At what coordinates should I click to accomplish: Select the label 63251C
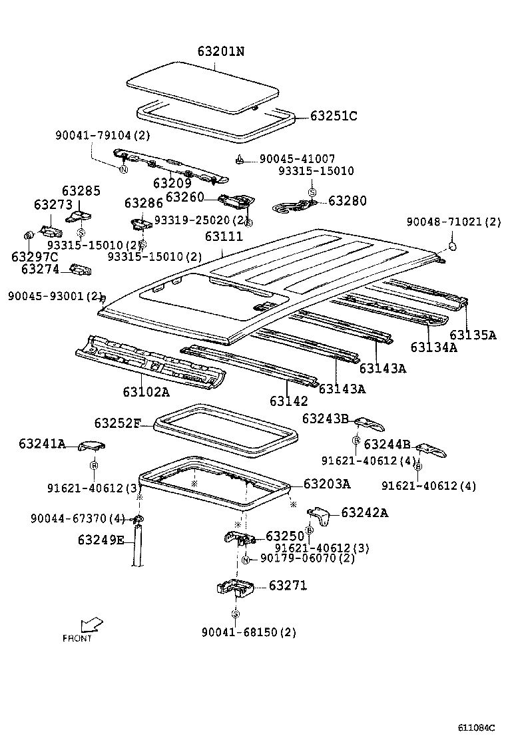(x=334, y=116)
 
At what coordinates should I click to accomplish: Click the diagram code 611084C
(x=476, y=727)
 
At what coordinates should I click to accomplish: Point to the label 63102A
(x=145, y=391)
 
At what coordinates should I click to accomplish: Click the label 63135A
(x=473, y=335)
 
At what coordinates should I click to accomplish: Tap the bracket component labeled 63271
(x=235, y=588)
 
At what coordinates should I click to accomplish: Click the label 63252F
(x=117, y=423)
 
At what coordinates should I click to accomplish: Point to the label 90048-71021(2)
(x=453, y=222)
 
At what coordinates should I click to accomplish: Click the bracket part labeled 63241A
(x=93, y=446)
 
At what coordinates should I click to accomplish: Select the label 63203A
(x=326, y=484)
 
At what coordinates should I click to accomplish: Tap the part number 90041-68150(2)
(x=248, y=632)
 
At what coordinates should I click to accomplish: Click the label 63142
(x=288, y=401)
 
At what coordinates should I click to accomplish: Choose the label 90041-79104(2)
(x=103, y=135)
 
